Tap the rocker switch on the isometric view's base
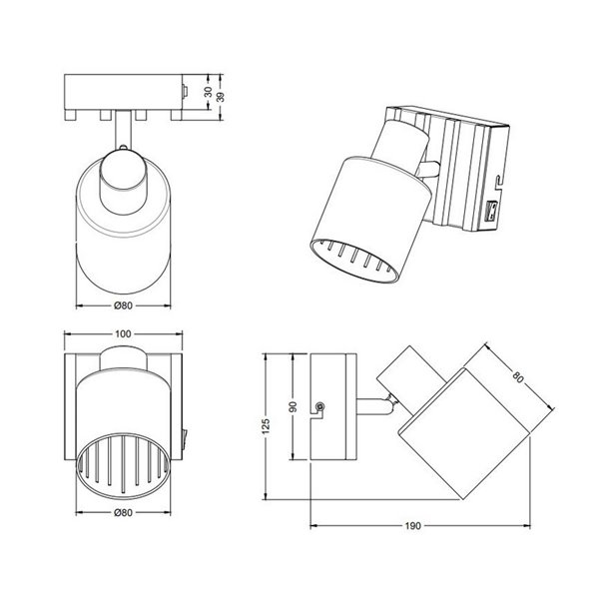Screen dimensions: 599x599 [x=491, y=212]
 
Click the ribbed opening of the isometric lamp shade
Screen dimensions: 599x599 [x=359, y=263]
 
